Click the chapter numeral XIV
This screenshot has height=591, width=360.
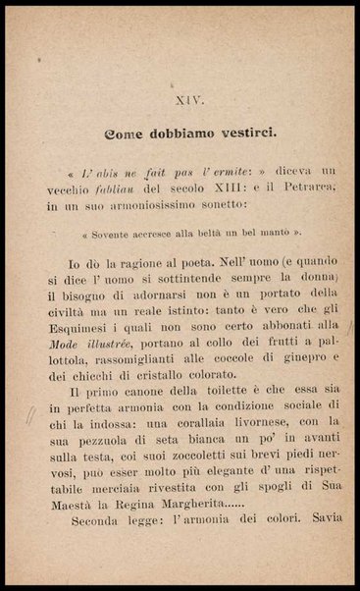[189, 100]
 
